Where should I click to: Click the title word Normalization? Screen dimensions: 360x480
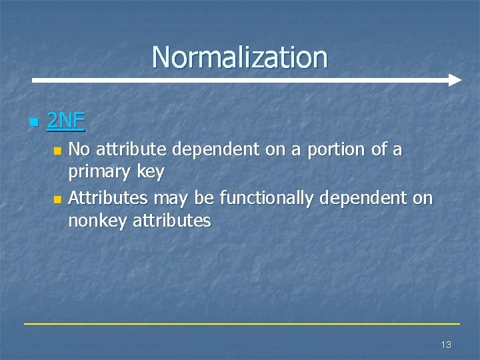coord(240,57)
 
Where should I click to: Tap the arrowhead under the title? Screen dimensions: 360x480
coord(454,80)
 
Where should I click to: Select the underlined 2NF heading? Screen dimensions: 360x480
coord(66,121)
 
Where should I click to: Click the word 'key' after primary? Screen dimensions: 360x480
coord(150,173)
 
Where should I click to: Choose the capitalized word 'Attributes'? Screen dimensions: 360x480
coord(108,197)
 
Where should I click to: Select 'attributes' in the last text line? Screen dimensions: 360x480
coord(172,221)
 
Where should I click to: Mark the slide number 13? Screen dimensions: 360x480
coord(446,345)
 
